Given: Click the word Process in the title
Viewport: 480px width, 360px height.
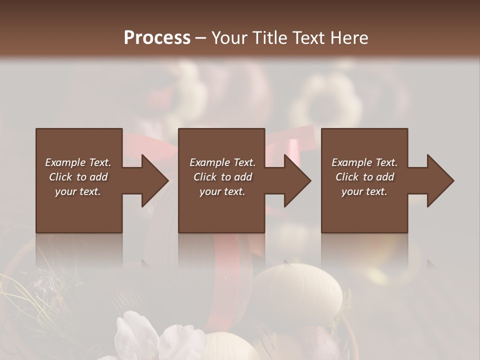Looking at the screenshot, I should (x=157, y=38).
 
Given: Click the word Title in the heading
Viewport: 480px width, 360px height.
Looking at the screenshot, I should (x=271, y=38).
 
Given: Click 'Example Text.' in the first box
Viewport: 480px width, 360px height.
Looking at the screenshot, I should (x=78, y=162).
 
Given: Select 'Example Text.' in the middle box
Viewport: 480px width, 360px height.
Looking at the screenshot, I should (x=222, y=162).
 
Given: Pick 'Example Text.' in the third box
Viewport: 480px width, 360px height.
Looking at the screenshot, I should (x=364, y=162).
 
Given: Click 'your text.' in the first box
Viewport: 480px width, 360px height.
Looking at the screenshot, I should (x=78, y=191).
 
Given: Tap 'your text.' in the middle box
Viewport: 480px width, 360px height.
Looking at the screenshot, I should (x=222, y=191).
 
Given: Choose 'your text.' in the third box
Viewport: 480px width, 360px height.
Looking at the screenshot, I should (x=364, y=191).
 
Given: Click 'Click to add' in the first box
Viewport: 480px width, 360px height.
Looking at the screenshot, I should (x=78, y=177).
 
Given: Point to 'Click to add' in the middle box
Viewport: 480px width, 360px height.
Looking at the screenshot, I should (x=222, y=177).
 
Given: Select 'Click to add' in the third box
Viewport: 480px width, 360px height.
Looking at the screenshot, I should (x=364, y=177).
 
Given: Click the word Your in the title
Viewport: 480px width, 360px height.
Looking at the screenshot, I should (x=228, y=38).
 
